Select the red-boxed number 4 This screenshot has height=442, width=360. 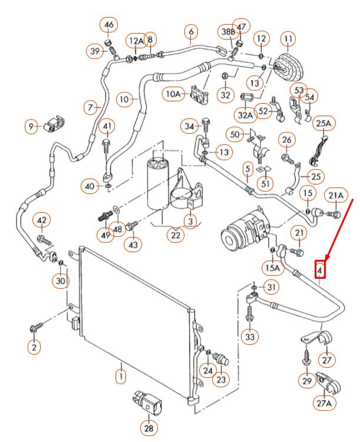coord(320,269)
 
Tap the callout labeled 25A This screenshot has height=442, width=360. coord(323,123)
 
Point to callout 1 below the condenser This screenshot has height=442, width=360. coord(120,375)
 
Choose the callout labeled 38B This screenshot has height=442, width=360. coord(228,31)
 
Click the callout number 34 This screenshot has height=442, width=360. coord(189,126)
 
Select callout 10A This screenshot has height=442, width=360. coord(174,93)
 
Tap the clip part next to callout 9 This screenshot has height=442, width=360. coord(54,124)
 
